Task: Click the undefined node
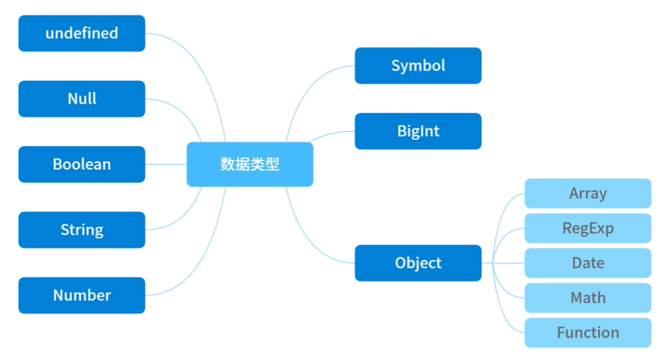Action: [x=82, y=33]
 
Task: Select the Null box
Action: [x=82, y=99]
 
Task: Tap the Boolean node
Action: [x=82, y=164]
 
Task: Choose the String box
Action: [x=82, y=230]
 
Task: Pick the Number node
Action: [x=82, y=295]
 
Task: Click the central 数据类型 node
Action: [x=250, y=164]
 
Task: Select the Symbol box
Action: [x=418, y=65]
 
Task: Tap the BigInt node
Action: [x=418, y=131]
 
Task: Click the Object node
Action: [x=418, y=263]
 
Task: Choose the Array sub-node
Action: [x=587, y=193]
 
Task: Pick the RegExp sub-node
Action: [x=587, y=228]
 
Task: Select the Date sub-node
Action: [x=587, y=263]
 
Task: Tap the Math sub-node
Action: [x=587, y=298]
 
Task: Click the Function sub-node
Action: [x=587, y=332]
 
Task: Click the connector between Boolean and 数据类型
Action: [x=166, y=164]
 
